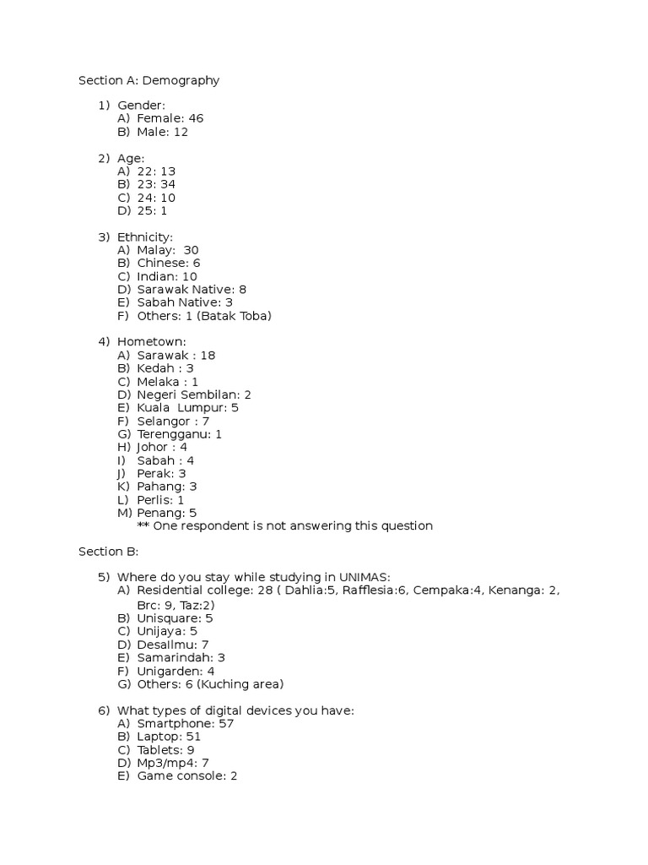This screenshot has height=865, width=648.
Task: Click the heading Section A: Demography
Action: coord(148,81)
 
